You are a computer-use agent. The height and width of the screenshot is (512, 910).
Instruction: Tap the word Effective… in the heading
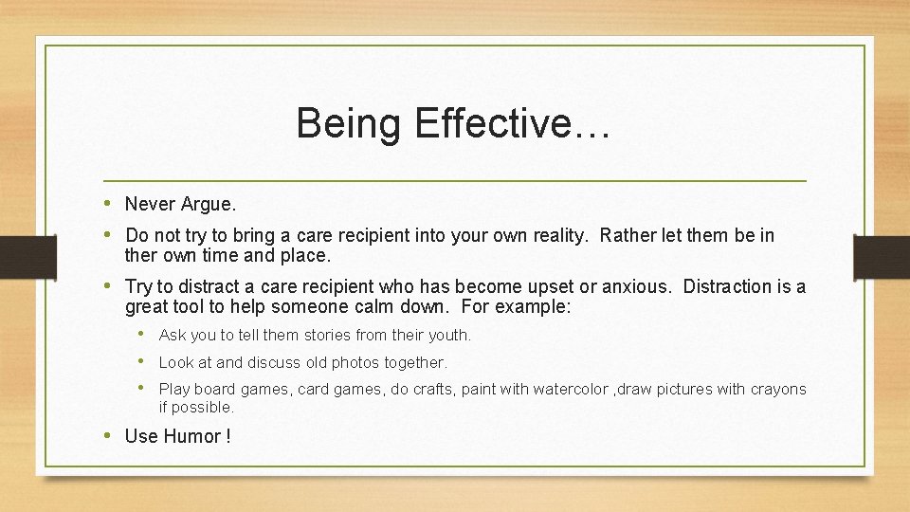click(513, 124)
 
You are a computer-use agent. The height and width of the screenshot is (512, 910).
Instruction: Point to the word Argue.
click(210, 204)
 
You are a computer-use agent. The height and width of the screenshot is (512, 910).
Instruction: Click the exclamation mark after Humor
click(227, 437)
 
